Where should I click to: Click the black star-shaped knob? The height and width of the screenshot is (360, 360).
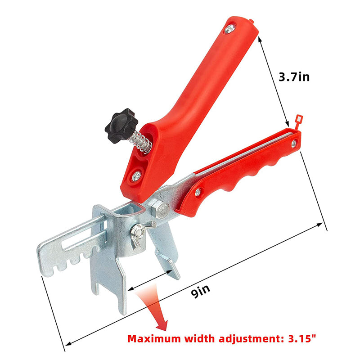click(x=121, y=126)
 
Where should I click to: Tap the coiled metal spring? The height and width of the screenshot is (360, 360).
click(x=140, y=141)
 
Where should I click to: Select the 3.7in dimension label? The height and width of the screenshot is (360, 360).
click(x=294, y=76)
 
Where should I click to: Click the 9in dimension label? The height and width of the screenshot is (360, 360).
click(x=200, y=291)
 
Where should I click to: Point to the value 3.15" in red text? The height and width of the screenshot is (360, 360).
click(x=302, y=339)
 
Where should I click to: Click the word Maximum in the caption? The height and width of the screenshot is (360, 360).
click(x=154, y=339)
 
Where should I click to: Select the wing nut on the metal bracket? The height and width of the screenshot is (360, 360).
click(x=140, y=234)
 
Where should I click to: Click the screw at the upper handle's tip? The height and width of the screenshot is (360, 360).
click(x=230, y=29)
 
